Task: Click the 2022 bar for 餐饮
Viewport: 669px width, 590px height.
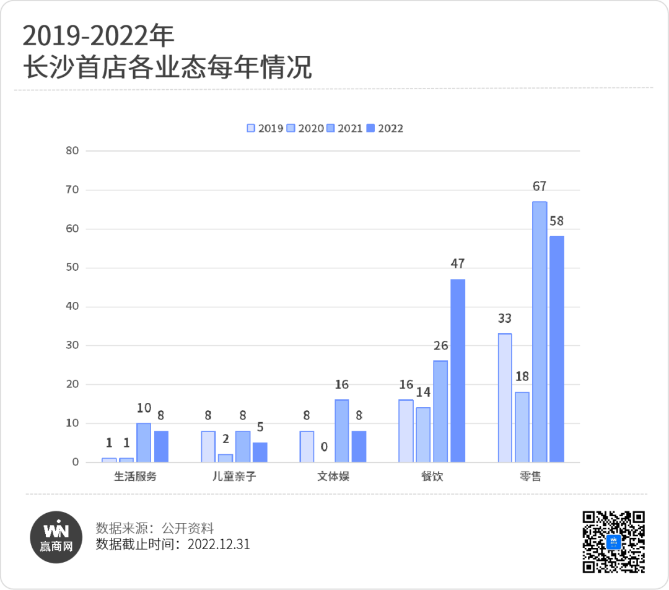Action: click(x=458, y=371)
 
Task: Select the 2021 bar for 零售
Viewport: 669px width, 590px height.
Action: click(x=540, y=332)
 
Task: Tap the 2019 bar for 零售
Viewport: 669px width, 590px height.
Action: click(x=505, y=397)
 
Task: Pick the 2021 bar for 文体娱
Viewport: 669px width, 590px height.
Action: click(x=342, y=431)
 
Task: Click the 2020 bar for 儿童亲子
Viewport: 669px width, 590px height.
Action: click(x=225, y=458)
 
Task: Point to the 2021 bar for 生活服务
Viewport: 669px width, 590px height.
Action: click(x=144, y=442)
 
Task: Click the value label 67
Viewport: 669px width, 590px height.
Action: click(x=540, y=187)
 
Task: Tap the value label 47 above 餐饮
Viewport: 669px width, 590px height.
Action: click(x=458, y=263)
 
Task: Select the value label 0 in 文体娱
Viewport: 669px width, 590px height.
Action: click(x=324, y=447)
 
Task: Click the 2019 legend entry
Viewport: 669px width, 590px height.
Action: click(x=265, y=128)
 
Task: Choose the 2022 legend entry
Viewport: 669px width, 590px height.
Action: click(x=385, y=128)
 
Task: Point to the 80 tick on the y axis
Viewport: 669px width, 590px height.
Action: click(x=72, y=151)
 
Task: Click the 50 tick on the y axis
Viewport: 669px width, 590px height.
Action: click(x=72, y=268)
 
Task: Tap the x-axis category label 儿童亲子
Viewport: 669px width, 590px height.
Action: click(x=234, y=477)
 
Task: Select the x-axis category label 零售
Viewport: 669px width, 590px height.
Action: click(x=531, y=477)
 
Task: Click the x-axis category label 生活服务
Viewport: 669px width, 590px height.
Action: click(x=135, y=477)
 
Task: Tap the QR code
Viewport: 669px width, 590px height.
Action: click(x=613, y=542)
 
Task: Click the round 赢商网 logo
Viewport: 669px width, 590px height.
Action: click(x=57, y=537)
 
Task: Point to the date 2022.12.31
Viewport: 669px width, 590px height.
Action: click(x=219, y=544)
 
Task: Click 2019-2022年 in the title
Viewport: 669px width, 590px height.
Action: click(x=98, y=37)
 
